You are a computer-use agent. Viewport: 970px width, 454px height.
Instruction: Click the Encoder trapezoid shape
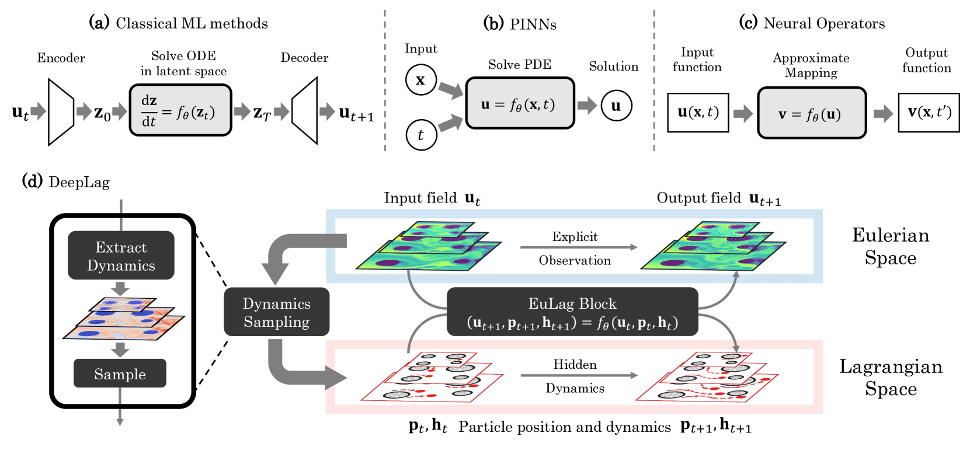(x=61, y=111)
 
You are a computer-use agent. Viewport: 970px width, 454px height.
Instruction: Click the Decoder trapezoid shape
(x=305, y=111)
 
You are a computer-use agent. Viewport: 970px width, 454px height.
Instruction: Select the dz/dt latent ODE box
(x=180, y=110)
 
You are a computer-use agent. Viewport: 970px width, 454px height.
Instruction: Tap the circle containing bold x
(x=421, y=79)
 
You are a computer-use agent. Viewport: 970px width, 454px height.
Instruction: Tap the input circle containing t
(x=421, y=135)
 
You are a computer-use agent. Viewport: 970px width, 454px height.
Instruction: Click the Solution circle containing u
(x=616, y=105)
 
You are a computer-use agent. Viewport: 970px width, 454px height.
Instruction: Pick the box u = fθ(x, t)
(x=520, y=103)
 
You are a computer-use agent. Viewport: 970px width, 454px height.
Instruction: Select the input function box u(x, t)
(x=698, y=113)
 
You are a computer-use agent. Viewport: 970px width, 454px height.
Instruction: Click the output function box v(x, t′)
(x=929, y=113)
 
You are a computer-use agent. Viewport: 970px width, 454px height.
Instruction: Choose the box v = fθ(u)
(x=812, y=113)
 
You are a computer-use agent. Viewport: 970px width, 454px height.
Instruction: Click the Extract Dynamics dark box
(x=121, y=256)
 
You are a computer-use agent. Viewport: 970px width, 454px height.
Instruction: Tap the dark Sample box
(x=120, y=373)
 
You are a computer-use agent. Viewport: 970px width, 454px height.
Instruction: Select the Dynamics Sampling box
(x=277, y=312)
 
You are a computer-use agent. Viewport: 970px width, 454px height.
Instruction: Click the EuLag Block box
(x=572, y=312)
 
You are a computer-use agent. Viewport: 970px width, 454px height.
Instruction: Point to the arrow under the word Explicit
(x=579, y=247)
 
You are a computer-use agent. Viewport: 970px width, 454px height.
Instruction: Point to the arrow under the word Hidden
(x=579, y=375)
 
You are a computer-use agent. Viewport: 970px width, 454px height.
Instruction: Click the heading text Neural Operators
(x=824, y=23)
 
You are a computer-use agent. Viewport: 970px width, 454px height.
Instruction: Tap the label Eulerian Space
(x=891, y=246)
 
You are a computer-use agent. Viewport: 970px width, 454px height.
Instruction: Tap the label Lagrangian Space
(x=891, y=378)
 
